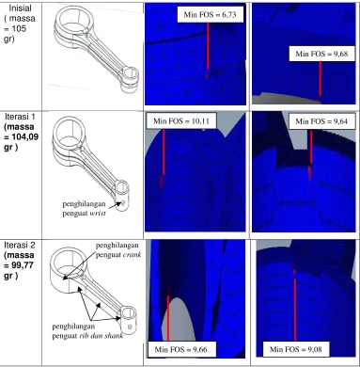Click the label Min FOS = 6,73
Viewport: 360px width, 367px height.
click(x=210, y=14)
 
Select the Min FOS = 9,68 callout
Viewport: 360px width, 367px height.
click(x=321, y=54)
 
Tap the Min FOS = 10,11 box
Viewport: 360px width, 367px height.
click(x=180, y=120)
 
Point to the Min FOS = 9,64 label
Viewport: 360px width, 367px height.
click(x=321, y=120)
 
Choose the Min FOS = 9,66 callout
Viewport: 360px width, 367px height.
click(x=181, y=349)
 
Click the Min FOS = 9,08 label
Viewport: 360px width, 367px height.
click(x=296, y=349)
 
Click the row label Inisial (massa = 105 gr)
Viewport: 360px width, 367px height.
click(x=20, y=24)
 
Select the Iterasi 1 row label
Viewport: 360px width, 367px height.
click(x=21, y=132)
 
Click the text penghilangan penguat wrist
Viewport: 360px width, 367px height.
click(x=84, y=208)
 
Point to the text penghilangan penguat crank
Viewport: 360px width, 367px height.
click(x=117, y=249)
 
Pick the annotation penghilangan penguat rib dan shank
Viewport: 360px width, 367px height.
click(x=87, y=331)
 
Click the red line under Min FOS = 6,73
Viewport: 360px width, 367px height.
click(x=208, y=46)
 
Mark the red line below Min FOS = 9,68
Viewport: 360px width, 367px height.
click(x=321, y=78)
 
